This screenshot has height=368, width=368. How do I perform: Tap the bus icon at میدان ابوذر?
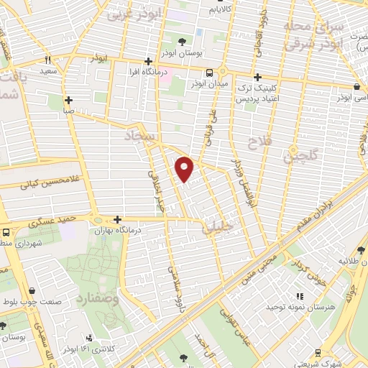209,73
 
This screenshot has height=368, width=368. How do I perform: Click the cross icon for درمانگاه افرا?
147,62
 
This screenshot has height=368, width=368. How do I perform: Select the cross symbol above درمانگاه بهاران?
117,219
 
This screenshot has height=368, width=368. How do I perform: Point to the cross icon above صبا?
68,101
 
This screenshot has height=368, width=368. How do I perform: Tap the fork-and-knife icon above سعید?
48,61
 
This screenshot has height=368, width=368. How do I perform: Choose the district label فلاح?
257,140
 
